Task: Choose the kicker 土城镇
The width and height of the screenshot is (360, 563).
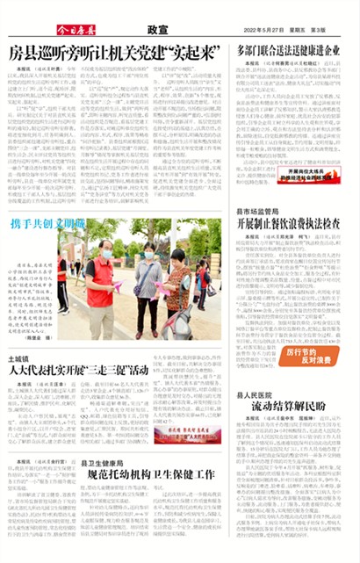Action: pos(18,357)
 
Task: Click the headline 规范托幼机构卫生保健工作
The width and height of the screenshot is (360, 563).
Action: pos(151,473)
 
